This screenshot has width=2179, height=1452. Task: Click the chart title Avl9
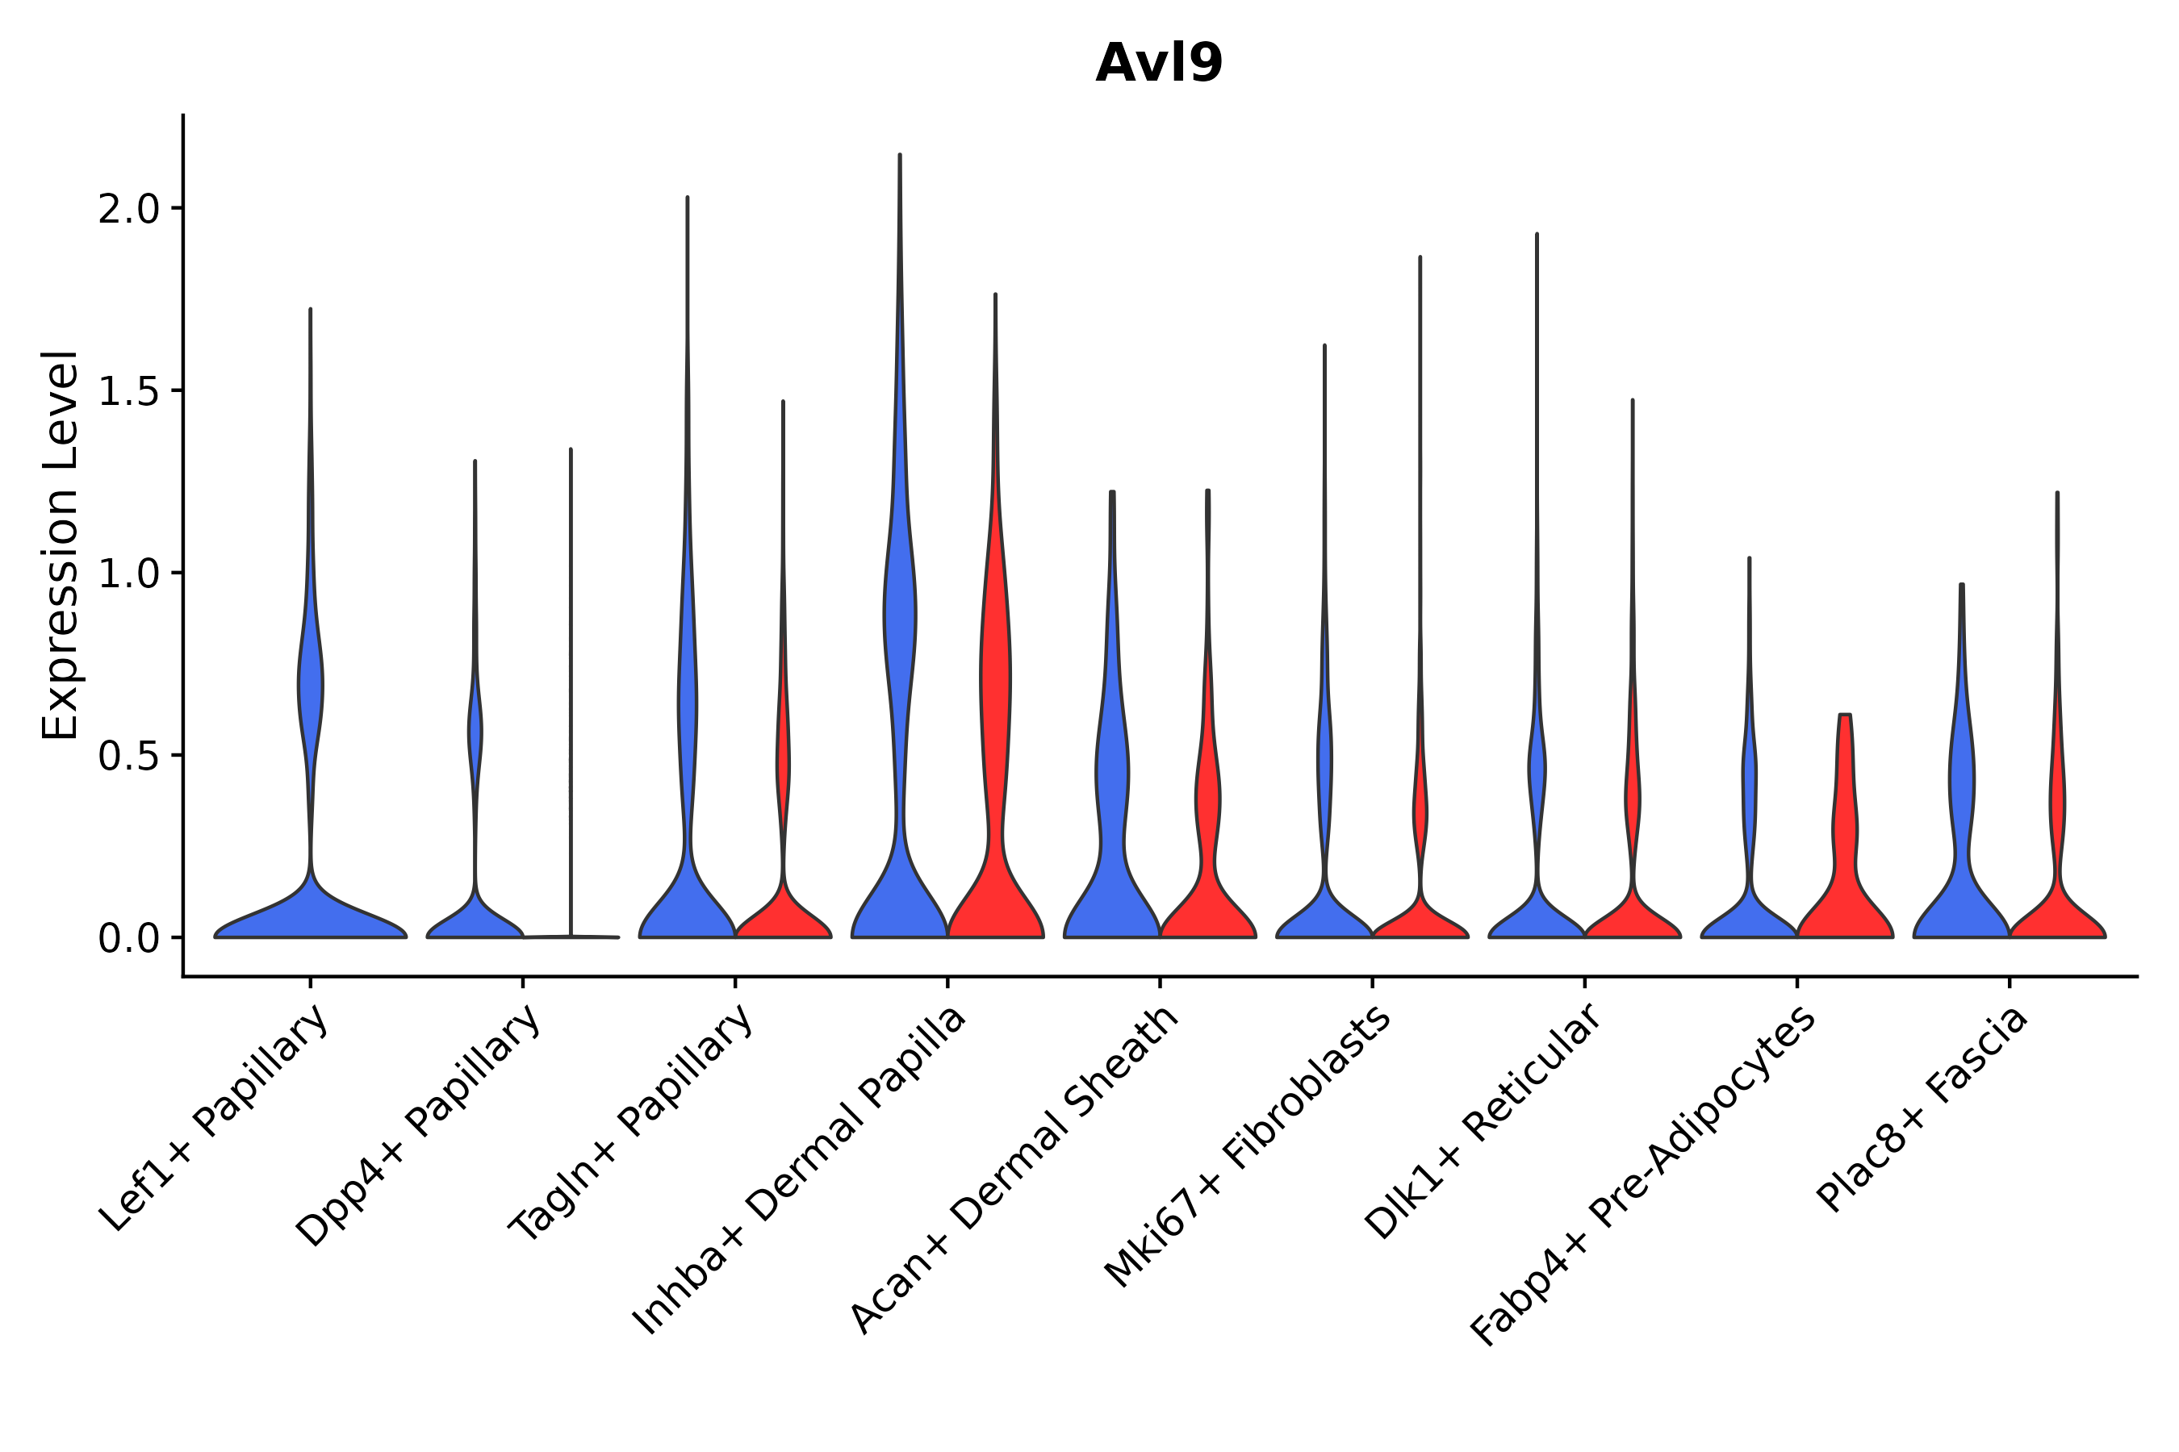coord(1158,63)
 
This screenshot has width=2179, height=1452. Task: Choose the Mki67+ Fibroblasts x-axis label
coord(1247,1146)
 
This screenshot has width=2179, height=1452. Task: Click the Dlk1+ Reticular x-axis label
coord(1483,1120)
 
